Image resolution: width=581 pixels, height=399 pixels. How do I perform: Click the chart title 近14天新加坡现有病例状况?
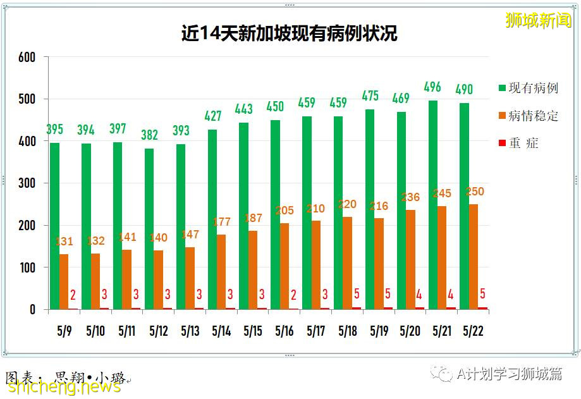tap(289, 34)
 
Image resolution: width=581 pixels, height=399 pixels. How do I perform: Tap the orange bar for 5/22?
tap(474, 257)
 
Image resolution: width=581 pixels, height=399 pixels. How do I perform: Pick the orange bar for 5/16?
tap(284, 266)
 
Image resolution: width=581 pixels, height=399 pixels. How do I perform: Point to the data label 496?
tap(432, 87)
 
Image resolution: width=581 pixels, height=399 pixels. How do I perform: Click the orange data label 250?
tap(474, 192)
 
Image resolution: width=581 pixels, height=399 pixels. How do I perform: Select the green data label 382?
tap(149, 135)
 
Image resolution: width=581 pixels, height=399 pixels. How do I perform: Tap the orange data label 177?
tap(221, 222)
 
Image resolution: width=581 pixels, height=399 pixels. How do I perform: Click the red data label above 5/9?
tap(73, 295)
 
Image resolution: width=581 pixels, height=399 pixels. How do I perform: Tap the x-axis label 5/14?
tap(221, 331)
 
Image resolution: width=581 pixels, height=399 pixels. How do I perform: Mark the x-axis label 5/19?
tap(379, 331)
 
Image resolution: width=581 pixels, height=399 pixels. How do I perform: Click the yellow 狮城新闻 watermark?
tap(538, 20)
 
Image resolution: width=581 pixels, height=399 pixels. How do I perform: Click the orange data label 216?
tap(379, 206)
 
